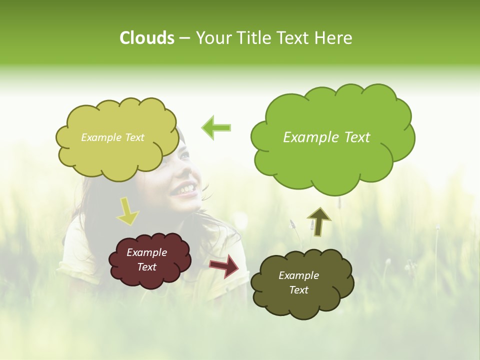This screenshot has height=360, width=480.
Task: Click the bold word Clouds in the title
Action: pos(146,38)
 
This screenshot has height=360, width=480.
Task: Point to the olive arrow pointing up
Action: pos(319,221)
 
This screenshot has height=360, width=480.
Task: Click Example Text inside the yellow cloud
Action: pos(112,137)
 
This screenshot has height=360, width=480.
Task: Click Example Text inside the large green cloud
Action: pos(326,137)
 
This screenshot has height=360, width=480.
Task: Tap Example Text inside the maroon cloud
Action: pos(146,259)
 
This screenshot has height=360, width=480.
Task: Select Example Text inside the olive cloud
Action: pos(298,282)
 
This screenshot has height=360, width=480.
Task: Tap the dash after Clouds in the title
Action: pos(184,38)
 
